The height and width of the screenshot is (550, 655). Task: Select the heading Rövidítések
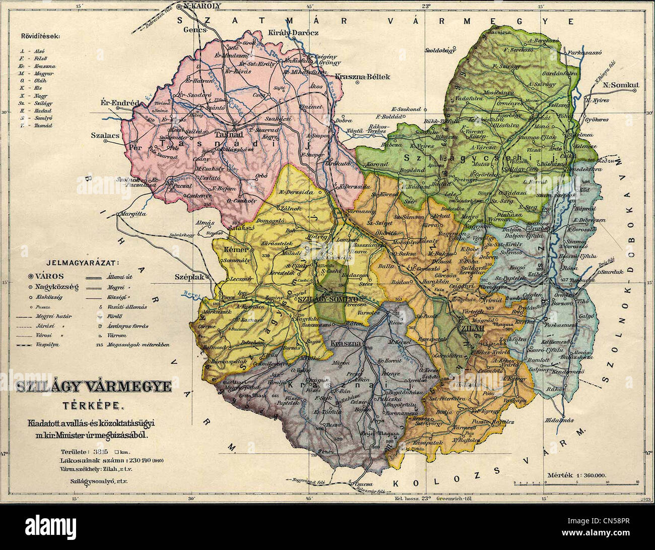point(41,37)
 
